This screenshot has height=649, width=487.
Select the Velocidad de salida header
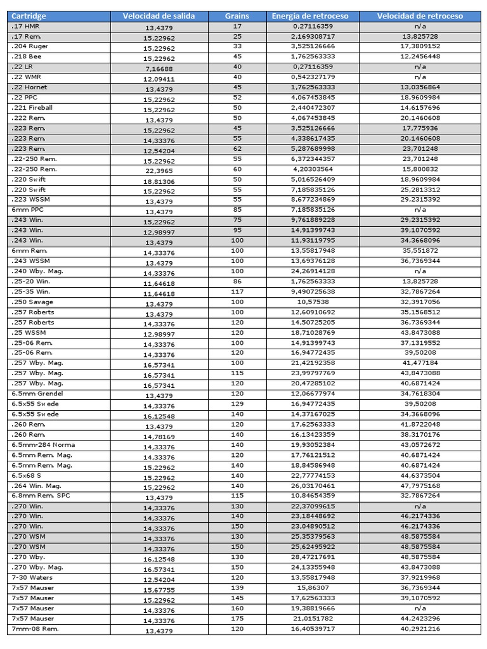click(x=159, y=16)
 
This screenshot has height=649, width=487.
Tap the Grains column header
click(x=237, y=16)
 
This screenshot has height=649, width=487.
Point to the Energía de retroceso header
click(x=310, y=16)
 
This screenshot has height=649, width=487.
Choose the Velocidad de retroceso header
click(x=420, y=16)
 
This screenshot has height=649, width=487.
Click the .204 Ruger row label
click(x=30, y=46)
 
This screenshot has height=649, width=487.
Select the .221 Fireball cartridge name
click(x=32, y=108)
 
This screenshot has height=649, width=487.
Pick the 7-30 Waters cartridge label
click(x=32, y=577)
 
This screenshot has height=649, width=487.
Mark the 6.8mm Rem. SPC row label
click(x=39, y=496)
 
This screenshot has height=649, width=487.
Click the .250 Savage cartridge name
click(x=32, y=302)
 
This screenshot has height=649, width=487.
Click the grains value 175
click(x=237, y=619)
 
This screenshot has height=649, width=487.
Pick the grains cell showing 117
click(x=237, y=292)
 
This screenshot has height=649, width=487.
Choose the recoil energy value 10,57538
click(x=310, y=302)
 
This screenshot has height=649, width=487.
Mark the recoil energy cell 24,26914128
click(x=310, y=271)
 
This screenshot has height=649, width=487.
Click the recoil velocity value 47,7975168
click(x=420, y=485)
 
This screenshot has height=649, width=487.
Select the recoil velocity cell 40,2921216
click(x=420, y=629)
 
